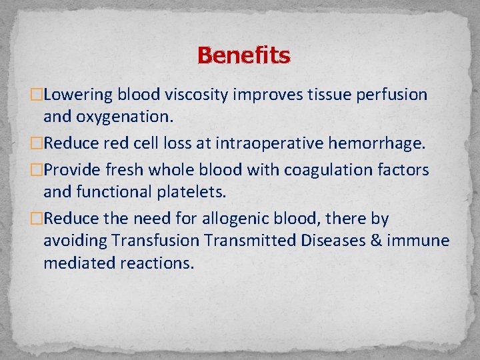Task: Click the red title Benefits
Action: (243, 55)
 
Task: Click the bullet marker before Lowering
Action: (37, 95)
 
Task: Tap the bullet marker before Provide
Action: (37, 171)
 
